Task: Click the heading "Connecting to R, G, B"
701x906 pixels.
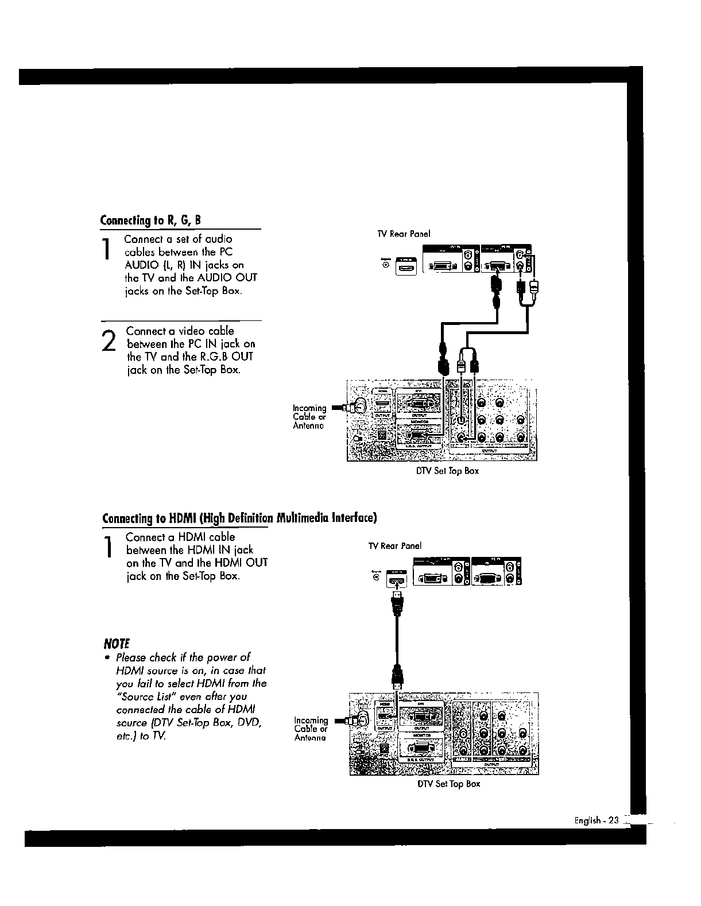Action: [x=150, y=220]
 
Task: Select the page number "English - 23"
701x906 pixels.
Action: [x=597, y=820]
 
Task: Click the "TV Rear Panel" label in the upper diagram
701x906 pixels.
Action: [x=403, y=234]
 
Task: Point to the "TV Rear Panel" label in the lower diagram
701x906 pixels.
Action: [x=394, y=545]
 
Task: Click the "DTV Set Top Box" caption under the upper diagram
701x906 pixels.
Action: [x=447, y=471]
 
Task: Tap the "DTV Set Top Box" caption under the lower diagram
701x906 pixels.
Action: [x=448, y=784]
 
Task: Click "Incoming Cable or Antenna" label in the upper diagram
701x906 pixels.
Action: [x=309, y=417]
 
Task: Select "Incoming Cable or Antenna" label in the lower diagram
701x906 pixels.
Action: [x=311, y=729]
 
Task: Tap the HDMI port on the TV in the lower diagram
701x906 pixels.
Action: [x=396, y=580]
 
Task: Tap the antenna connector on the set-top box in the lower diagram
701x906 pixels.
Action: [x=361, y=718]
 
